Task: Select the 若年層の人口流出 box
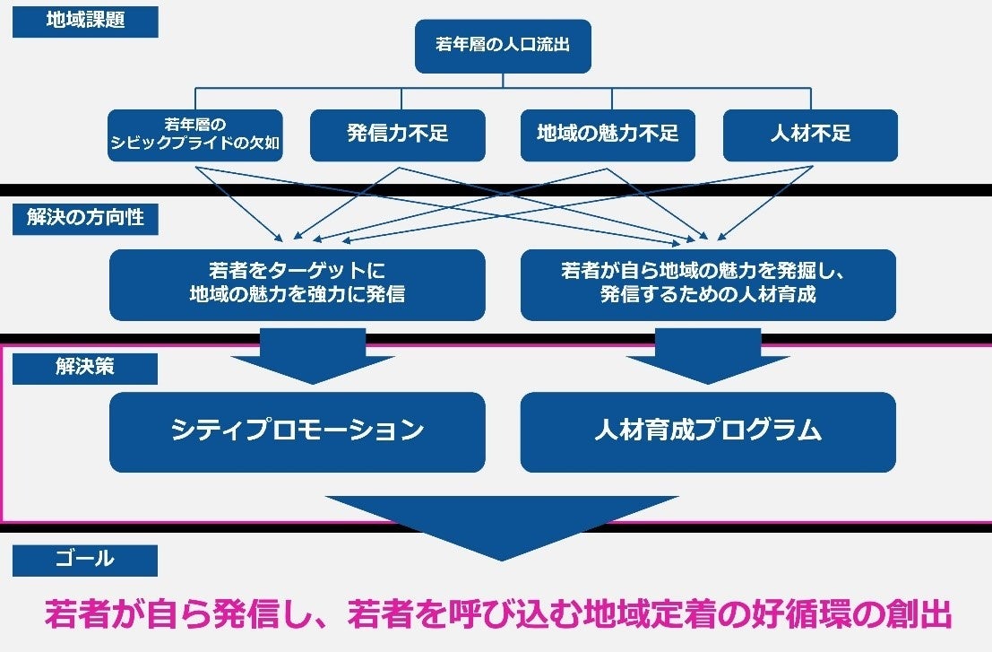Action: tap(503, 46)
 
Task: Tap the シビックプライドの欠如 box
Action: tap(195, 135)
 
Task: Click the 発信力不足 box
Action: tap(398, 135)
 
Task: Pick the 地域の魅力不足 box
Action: tap(608, 135)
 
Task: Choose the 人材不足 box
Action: tap(810, 135)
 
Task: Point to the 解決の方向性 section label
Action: tap(85, 218)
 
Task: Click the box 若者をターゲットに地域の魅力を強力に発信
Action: tap(298, 284)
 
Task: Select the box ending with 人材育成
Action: tap(708, 284)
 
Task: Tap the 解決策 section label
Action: tap(85, 368)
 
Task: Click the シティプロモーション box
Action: tap(298, 431)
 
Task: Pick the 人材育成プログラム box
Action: tap(708, 431)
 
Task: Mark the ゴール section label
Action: tap(85, 560)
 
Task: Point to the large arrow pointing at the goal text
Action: tap(502, 525)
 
